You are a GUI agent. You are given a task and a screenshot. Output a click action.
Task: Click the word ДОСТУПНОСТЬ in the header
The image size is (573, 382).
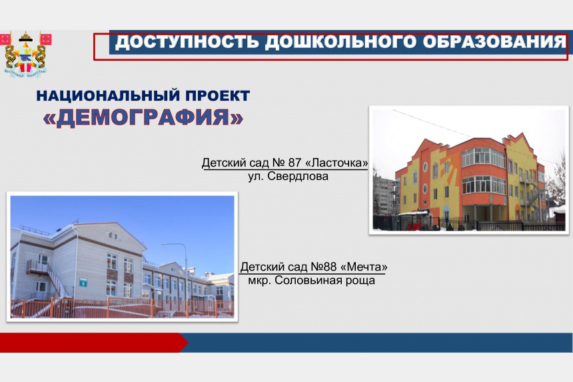[x=187, y=42]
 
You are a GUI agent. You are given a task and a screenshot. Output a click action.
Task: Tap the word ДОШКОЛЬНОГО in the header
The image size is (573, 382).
[x=340, y=42]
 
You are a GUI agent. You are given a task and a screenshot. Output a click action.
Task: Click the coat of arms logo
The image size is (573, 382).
[x=25, y=54]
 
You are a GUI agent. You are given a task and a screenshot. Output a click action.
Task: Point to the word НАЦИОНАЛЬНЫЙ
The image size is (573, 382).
[x=108, y=96]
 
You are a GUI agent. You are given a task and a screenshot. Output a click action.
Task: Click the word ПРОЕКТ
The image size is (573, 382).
[x=218, y=96]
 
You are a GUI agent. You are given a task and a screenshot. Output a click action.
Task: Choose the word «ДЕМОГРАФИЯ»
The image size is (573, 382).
[x=143, y=118]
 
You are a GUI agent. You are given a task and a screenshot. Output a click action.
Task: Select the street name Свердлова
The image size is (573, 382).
[x=298, y=176]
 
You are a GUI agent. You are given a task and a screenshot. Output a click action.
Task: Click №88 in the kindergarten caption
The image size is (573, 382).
[x=323, y=267]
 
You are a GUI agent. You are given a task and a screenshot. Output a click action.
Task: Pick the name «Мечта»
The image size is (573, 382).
[x=364, y=267]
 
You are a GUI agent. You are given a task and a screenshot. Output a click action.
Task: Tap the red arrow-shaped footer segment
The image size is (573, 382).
[x=94, y=343]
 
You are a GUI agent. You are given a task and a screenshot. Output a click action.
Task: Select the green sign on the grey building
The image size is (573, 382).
[x=83, y=282]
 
